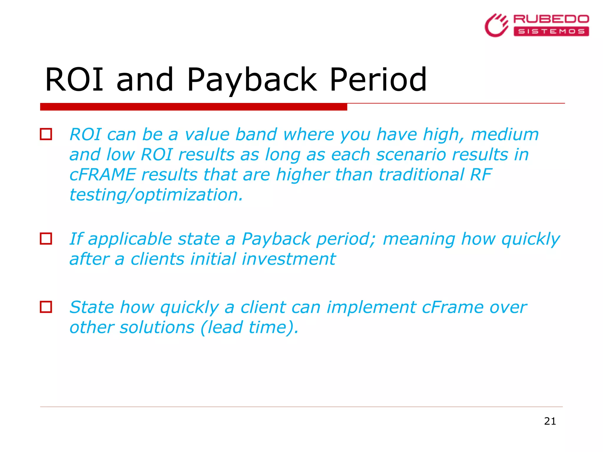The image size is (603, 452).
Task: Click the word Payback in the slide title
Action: pos(252,79)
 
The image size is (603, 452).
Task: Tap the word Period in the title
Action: pos(378,79)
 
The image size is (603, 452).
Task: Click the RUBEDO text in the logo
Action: pos(551,19)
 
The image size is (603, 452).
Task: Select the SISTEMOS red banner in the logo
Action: pos(551,31)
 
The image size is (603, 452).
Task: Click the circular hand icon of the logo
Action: pos(496,26)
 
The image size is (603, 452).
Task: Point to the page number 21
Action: pos(550,421)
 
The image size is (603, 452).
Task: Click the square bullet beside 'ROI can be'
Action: pos(46,134)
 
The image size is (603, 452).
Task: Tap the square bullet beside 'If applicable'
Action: pos(46,239)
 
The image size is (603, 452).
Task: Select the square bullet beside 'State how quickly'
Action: pos(46,307)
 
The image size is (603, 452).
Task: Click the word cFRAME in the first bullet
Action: pos(102,175)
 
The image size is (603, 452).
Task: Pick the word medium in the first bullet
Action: pos(505,134)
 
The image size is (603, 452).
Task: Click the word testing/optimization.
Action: pos(156,195)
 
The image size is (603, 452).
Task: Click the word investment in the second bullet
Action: pos(289,259)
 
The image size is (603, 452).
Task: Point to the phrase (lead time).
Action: pos(249,327)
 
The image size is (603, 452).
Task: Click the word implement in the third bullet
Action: pos(371,307)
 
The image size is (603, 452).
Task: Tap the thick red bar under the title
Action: pos(193,107)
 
